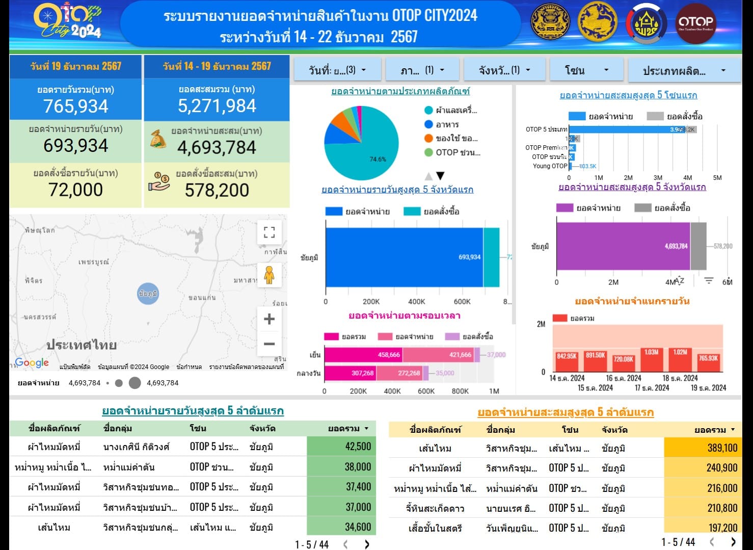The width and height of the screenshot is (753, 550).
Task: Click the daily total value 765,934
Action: click(75, 106)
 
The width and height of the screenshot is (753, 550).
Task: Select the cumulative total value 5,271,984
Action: click(217, 106)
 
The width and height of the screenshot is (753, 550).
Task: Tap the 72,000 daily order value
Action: click(75, 190)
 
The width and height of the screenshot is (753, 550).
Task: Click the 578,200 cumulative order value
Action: click(217, 190)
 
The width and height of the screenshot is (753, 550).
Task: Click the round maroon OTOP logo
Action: click(695, 23)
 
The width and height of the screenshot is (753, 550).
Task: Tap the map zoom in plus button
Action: click(269, 319)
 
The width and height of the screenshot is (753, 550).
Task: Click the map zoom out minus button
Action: click(269, 344)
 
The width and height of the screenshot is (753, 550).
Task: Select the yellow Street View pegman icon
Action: click(269, 275)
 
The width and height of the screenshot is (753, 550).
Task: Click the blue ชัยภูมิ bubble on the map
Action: click(148, 294)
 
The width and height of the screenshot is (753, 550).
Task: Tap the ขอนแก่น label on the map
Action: click(202, 298)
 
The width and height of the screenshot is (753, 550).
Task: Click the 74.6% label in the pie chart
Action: click(378, 159)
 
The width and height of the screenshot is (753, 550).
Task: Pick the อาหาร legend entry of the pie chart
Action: click(447, 124)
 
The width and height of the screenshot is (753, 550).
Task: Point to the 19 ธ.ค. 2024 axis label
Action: click(708, 388)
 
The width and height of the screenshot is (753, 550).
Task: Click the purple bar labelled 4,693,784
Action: click(623, 246)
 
